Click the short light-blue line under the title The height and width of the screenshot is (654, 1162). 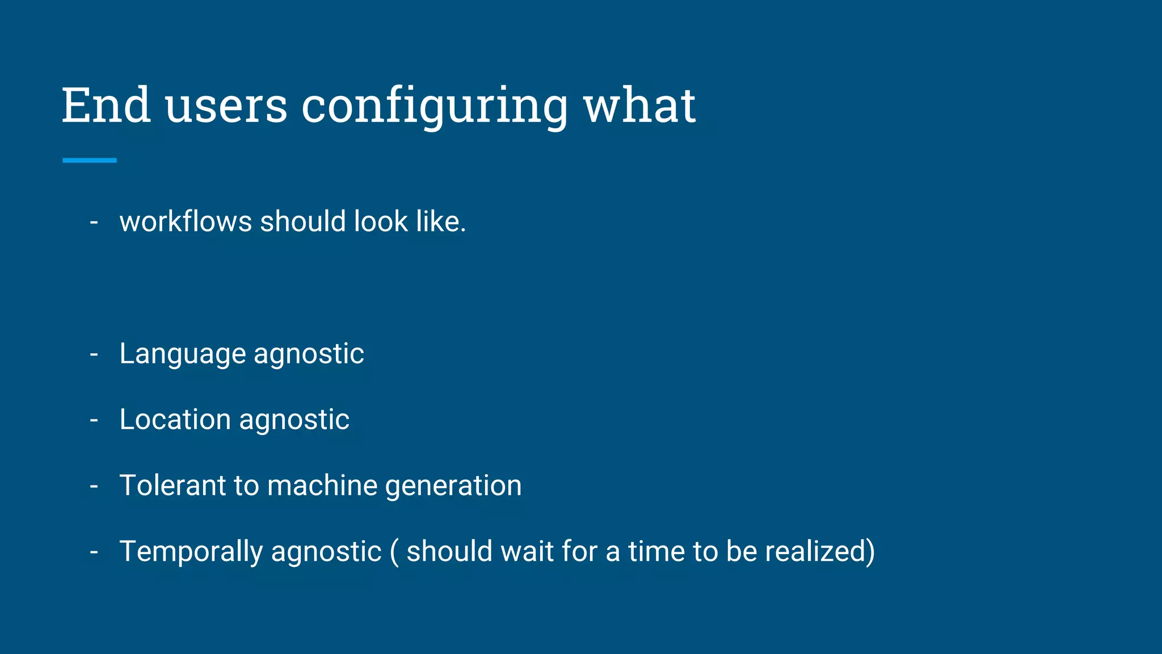coord(90,161)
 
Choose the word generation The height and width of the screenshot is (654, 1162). coord(453,485)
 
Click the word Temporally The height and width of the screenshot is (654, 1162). coord(191,551)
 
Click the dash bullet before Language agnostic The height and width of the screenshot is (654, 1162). coord(94,354)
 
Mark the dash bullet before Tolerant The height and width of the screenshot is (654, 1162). coord(94,485)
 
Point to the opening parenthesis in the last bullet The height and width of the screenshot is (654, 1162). coord(394,551)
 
